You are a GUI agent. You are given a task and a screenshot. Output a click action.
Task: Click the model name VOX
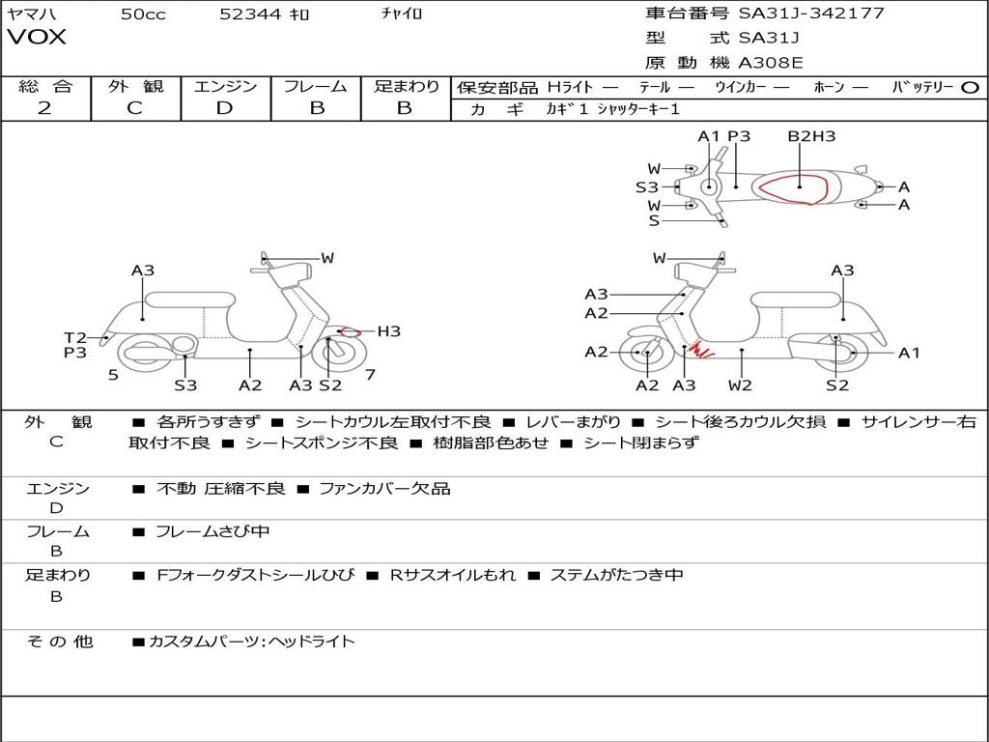coord(37,38)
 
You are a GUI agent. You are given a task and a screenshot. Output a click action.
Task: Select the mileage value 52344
coord(250,14)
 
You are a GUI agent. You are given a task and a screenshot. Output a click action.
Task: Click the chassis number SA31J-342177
coord(811,14)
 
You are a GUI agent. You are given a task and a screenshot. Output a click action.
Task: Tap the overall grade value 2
coord(44,108)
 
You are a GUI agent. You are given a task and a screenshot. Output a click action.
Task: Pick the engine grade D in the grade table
coord(224,108)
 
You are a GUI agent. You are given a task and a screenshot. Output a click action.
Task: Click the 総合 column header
coord(45,86)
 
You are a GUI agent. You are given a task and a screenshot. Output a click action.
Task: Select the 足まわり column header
coord(406,86)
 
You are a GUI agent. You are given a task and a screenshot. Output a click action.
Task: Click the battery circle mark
coord(971,87)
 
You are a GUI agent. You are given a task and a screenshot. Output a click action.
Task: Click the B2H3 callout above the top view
coord(811,136)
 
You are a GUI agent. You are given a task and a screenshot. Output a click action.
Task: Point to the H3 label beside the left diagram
coord(388,331)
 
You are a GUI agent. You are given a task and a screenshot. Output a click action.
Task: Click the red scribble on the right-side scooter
coord(702,350)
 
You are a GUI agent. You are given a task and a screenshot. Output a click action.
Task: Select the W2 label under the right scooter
coord(741,385)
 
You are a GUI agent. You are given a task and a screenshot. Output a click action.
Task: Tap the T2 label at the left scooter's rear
coord(75,337)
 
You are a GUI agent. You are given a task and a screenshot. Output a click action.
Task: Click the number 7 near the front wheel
coord(370,375)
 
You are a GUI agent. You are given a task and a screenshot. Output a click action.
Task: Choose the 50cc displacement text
coord(143,14)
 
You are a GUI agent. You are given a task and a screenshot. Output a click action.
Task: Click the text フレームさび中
coord(212,531)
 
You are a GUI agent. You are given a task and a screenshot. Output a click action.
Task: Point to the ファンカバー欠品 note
coord(384,488)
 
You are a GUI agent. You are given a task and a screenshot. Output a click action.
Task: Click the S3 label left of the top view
coord(646,187)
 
